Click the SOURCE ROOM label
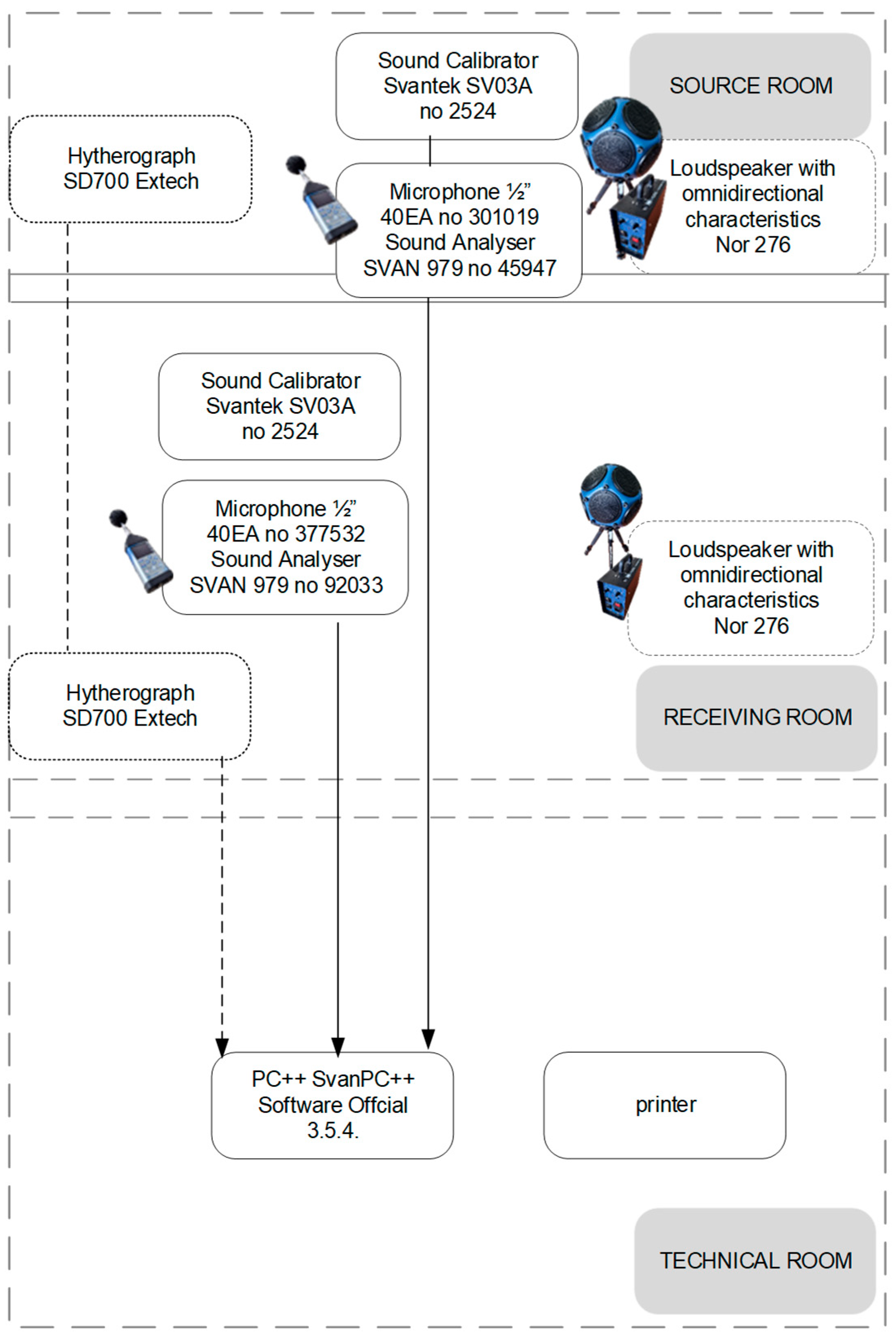tap(751, 86)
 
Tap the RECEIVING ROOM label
tap(757, 717)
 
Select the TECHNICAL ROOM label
tap(756, 1260)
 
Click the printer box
tap(665, 1105)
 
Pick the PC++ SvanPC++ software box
tap(333, 1105)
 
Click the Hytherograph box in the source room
tap(131, 169)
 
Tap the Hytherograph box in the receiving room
tap(130, 706)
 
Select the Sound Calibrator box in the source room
tap(457, 86)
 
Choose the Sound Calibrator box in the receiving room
tap(280, 406)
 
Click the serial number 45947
tap(528, 268)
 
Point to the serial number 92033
tap(354, 585)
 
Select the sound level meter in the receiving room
tap(141, 551)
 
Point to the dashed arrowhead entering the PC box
tap(222, 1047)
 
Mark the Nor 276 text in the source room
tap(753, 245)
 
